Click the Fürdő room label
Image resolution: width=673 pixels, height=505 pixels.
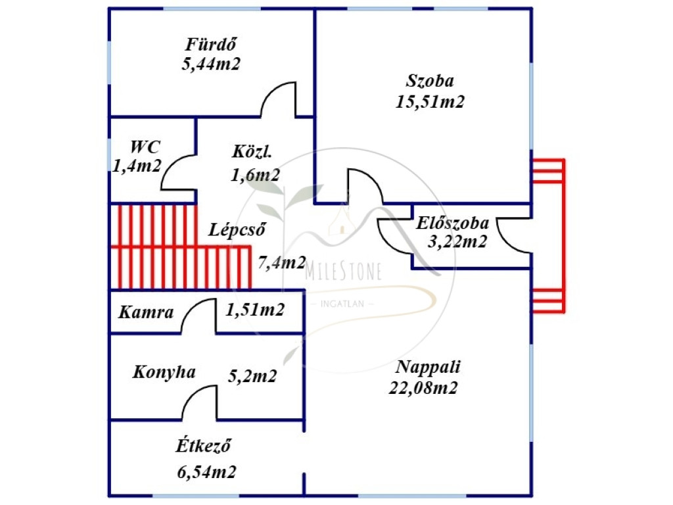[x=211, y=45]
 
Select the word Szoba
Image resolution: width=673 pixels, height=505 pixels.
[x=430, y=82]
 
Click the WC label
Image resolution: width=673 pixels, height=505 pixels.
[x=145, y=147]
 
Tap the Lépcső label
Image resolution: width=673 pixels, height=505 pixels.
[x=237, y=231]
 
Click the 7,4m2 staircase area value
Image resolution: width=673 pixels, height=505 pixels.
[x=282, y=263]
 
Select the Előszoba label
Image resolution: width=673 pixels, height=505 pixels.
[x=452, y=223]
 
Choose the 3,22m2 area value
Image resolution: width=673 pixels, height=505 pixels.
[x=457, y=242]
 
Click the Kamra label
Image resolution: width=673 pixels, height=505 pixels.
[x=146, y=312]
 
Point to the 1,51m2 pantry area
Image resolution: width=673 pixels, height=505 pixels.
[x=255, y=310]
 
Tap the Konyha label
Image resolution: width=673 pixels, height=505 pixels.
[x=164, y=372]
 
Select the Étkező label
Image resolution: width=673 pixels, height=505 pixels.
[x=203, y=447]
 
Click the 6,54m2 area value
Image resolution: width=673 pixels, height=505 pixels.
[x=207, y=471]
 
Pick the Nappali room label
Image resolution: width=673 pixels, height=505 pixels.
[x=429, y=367]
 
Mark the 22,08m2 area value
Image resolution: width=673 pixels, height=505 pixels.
[x=423, y=388]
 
